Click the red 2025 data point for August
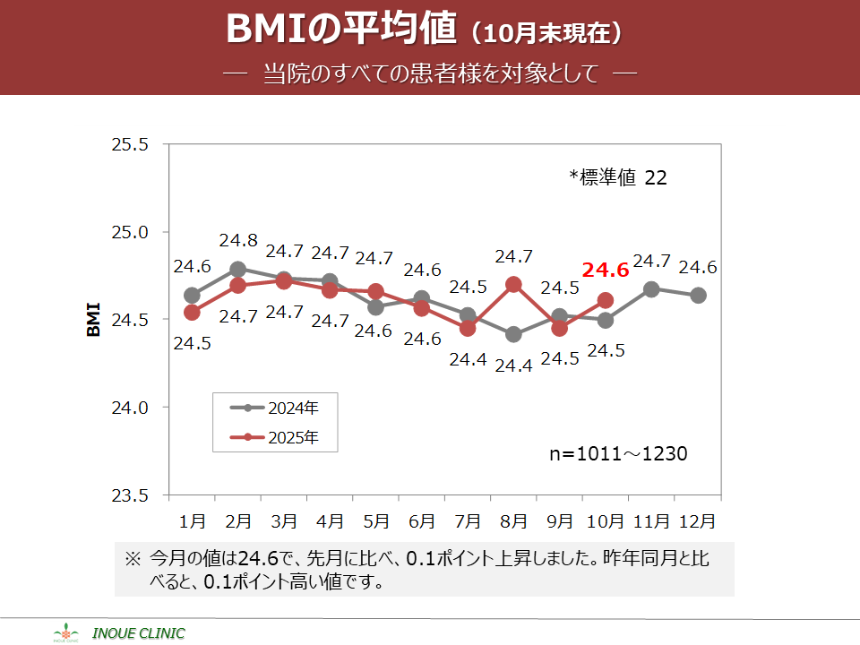click(x=513, y=285)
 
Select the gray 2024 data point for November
click(x=651, y=289)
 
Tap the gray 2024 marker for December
click(x=698, y=296)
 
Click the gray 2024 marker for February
click(x=237, y=269)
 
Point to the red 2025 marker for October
click(x=606, y=301)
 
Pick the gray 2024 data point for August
click(x=513, y=335)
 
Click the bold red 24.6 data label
click(x=606, y=270)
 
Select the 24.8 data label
click(x=237, y=241)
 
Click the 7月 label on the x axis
click(x=468, y=520)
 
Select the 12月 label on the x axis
click(x=698, y=520)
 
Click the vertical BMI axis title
click(x=93, y=320)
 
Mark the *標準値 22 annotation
click(x=618, y=178)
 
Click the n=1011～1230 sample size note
click(x=618, y=454)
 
